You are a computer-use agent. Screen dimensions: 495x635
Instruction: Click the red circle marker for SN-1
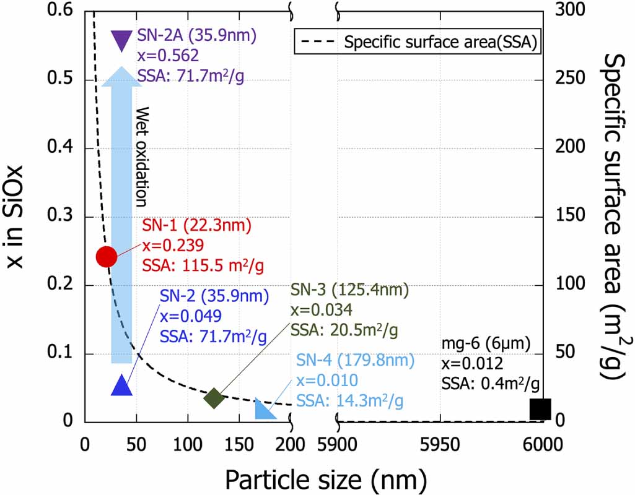[x=106, y=256]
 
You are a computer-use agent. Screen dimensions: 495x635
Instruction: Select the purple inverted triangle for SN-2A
[x=121, y=40]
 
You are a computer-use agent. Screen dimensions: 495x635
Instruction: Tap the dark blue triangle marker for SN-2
[x=122, y=385]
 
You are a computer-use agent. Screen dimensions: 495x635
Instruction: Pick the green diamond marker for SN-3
[x=214, y=398]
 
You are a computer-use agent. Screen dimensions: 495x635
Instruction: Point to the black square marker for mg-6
[x=540, y=409]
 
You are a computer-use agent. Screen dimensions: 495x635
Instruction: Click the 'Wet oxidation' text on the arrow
[x=142, y=157]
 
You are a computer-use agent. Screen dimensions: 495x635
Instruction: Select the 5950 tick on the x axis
[x=440, y=444]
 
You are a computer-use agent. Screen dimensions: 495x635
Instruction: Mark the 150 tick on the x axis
[x=239, y=444]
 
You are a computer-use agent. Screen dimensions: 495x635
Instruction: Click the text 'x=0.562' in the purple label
[x=168, y=56]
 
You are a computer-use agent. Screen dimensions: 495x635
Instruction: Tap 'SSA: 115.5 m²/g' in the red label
[x=204, y=265]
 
